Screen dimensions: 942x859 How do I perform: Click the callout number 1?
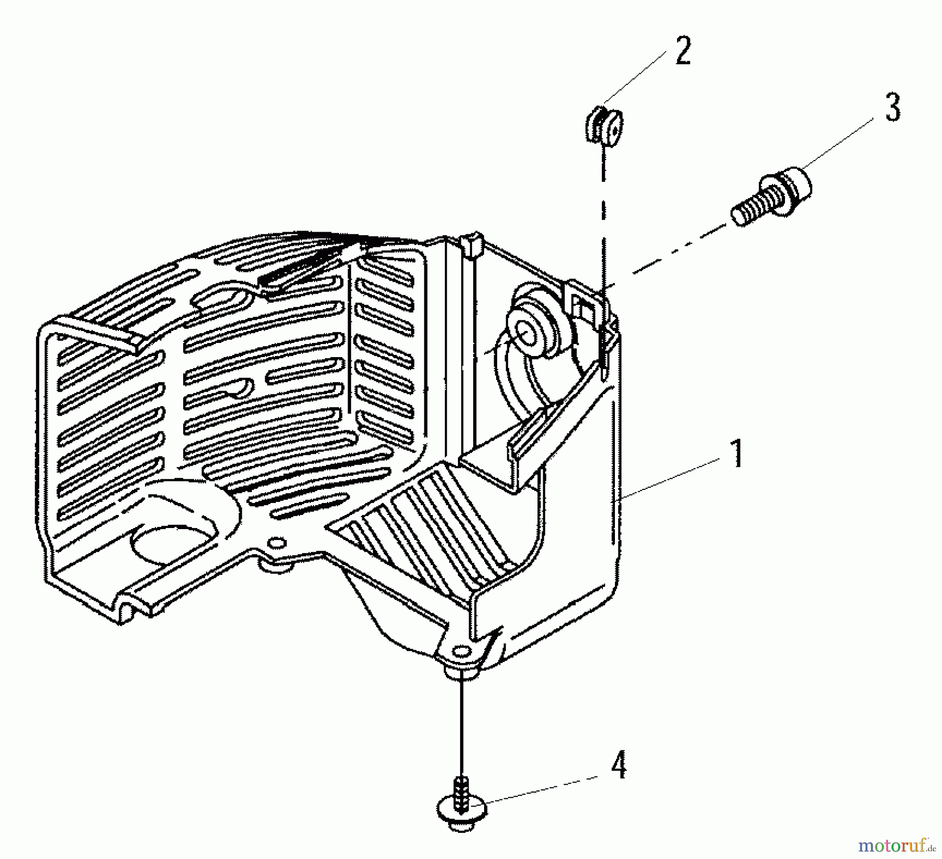[x=736, y=454]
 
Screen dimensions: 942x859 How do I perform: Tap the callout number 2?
[x=682, y=52]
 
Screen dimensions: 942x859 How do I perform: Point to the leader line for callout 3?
[x=838, y=144]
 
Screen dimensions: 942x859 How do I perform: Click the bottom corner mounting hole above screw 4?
[x=460, y=651]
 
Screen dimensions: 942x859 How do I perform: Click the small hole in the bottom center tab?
[x=275, y=541]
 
